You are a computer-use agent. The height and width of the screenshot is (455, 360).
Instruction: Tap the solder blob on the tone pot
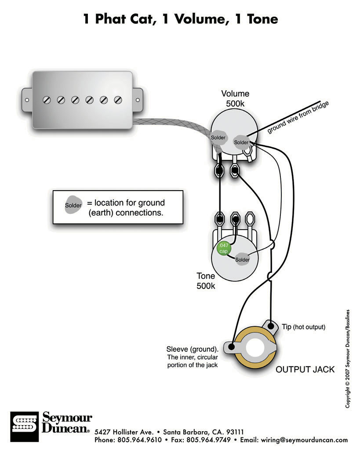pyautogui.click(x=242, y=259)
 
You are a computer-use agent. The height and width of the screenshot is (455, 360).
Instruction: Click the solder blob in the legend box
pyautogui.click(x=73, y=205)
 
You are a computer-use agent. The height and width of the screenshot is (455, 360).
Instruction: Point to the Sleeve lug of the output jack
pyautogui.click(x=229, y=347)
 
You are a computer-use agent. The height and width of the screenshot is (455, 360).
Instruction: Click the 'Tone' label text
pyautogui.click(x=206, y=276)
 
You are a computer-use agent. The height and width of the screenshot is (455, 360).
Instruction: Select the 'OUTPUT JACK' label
pyautogui.click(x=305, y=369)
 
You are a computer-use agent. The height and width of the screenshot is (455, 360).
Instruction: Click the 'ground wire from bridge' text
pyautogui.click(x=298, y=117)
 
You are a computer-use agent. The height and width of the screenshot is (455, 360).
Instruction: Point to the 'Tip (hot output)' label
pyautogui.click(x=303, y=327)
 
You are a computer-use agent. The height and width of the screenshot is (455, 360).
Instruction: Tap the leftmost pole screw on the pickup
pyautogui.click(x=47, y=100)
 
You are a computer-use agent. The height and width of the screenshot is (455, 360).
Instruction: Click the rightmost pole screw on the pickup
pyautogui.click(x=117, y=100)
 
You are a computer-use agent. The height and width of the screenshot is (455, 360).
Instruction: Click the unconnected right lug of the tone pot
pyautogui.click(x=250, y=218)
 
